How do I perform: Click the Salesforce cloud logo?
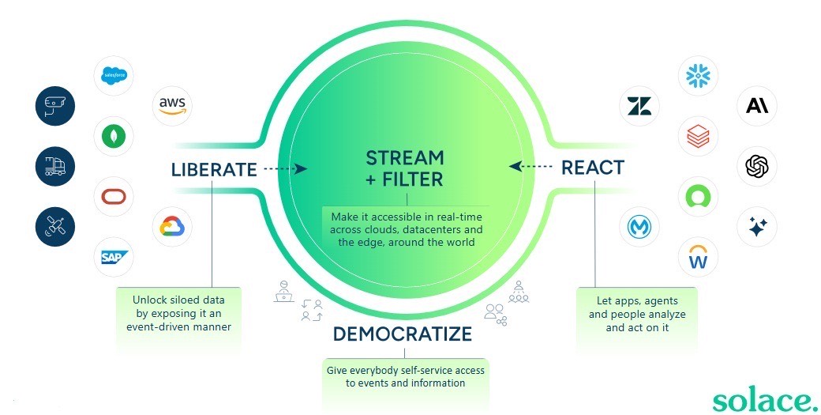(114, 76)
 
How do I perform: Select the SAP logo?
(114, 257)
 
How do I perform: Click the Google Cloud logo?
(171, 227)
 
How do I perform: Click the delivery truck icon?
(55, 166)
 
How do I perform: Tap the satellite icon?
(55, 226)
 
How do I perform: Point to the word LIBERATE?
(214, 169)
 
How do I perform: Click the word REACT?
(592, 168)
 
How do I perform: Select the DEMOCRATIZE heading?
(402, 334)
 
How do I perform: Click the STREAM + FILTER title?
(404, 168)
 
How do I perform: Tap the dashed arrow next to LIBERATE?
(284, 168)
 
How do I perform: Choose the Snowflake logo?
(698, 76)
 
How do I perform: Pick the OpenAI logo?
(756, 166)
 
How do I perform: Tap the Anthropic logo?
(756, 106)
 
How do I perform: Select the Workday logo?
(698, 257)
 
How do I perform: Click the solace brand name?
(765, 399)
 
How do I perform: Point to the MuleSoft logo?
(639, 228)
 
